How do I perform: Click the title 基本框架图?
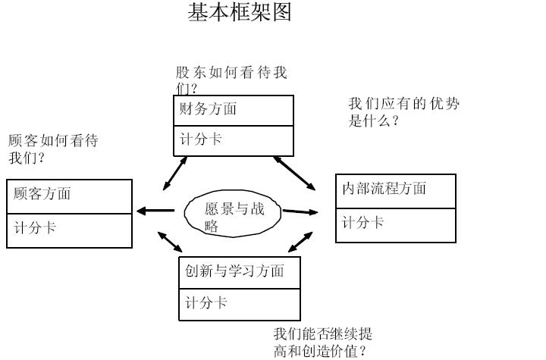tap(239, 13)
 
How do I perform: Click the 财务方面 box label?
tap(208, 109)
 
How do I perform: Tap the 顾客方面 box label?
tap(42, 194)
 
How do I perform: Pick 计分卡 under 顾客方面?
tap(35, 227)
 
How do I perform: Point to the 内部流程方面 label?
tap(384, 189)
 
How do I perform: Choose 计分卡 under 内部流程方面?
tap(362, 223)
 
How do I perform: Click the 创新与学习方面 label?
tap(234, 271)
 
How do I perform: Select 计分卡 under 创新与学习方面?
tap(206, 303)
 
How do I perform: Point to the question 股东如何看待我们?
tap(231, 80)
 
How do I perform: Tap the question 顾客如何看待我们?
tap(52, 149)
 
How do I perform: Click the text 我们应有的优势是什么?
tap(403, 112)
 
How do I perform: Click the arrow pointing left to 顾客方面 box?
tap(155, 211)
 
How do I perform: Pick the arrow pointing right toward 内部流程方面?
tap(300, 211)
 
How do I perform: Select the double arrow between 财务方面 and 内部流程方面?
tap(295, 174)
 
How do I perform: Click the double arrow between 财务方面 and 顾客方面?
tap(175, 174)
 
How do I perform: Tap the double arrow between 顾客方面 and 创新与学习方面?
tap(171, 241)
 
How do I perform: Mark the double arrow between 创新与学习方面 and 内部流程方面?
tap(300, 243)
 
